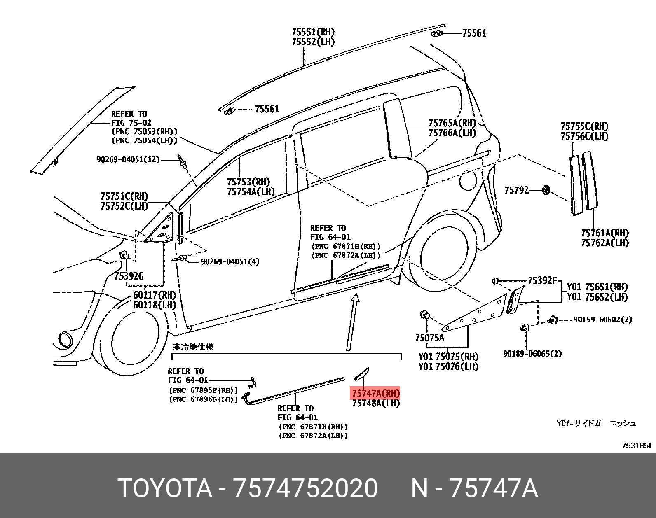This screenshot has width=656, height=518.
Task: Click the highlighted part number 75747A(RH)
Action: coord(375,393)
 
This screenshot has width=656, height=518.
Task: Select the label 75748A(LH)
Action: coord(375,404)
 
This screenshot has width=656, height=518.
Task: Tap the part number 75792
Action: coord(516,190)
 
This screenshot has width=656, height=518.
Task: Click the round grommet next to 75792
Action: coord(546,190)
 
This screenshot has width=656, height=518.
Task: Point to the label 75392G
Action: coord(129,276)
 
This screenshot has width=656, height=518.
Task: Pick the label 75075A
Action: coord(430,338)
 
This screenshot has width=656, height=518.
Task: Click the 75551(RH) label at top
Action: coord(313,32)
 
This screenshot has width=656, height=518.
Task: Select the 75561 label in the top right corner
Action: coord(474,33)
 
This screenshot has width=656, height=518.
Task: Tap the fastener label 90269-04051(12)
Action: coord(128,159)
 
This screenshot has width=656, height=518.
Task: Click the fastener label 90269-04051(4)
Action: coord(230,262)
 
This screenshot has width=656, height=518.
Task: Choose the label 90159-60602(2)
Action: coord(602,320)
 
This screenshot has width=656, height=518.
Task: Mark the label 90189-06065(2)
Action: coord(532,354)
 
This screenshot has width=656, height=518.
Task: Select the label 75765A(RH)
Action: coord(452,123)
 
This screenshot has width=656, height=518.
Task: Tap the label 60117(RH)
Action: coord(155,295)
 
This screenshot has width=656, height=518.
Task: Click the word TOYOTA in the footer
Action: coord(165,488)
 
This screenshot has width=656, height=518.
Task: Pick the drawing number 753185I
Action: coord(636,445)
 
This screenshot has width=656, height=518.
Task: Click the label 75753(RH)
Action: coord(248,182)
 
